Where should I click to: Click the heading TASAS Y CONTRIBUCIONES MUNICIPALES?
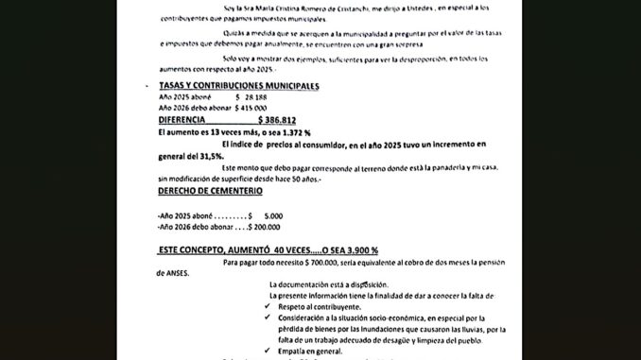pyautogui.click(x=238, y=86)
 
